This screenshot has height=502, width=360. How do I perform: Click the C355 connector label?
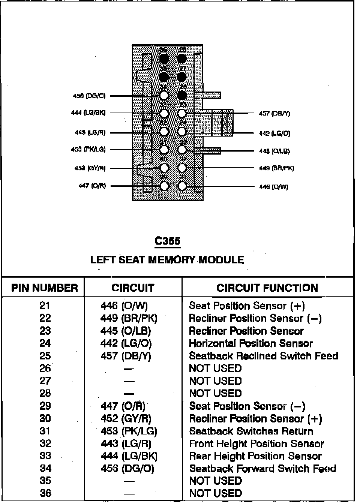tap(168, 241)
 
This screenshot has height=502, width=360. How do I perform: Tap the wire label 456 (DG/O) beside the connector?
tap(89, 96)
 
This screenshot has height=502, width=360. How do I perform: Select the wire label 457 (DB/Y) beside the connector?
tap(274, 113)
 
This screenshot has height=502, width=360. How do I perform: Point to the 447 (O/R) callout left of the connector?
tap(92, 186)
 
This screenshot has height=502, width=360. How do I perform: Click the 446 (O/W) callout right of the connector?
tap(274, 187)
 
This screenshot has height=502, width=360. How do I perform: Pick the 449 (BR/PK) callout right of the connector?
tap(277, 168)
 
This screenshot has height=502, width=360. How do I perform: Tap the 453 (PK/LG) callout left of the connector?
tap(88, 149)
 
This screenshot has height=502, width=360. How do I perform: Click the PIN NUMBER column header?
tap(45, 288)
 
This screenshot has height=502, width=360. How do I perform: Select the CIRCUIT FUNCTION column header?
tap(267, 288)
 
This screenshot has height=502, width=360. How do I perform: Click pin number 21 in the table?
tap(45, 306)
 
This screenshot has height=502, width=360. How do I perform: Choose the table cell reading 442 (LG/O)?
tap(126, 343)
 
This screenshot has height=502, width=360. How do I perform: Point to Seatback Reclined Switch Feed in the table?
tap(263, 356)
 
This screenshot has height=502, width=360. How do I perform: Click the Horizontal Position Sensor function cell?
tap(250, 343)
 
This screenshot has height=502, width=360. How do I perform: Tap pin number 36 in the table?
tap(45, 493)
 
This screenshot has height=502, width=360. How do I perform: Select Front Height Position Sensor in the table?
tap(256, 443)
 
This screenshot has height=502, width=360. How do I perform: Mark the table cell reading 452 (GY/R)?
tap(126, 418)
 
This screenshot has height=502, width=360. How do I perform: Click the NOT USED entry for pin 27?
tap(215, 381)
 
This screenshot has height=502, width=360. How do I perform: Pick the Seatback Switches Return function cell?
tap(251, 431)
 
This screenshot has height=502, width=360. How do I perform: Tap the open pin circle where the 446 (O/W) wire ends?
tap(182, 186)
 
